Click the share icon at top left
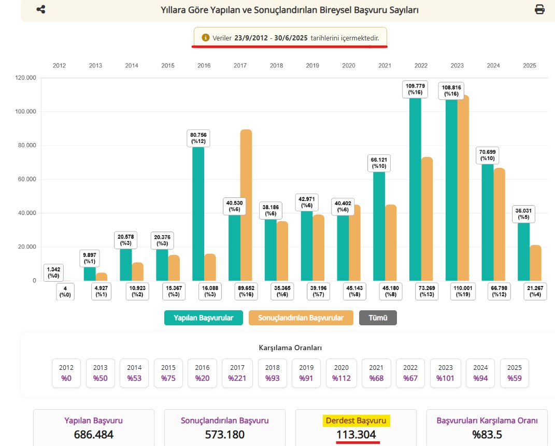pos(41,9)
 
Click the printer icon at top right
pos(539,9)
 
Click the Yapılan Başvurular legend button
pos(203,318)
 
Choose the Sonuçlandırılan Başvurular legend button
pos(301,318)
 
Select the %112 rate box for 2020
pos(342,373)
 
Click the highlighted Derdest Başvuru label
pos(356,421)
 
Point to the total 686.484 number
pos(94,435)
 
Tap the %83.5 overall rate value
pos(487,435)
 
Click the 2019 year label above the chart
pos(312,66)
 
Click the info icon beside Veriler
pos(205,38)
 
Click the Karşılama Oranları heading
pos(287,348)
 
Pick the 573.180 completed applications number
pos(225,435)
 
